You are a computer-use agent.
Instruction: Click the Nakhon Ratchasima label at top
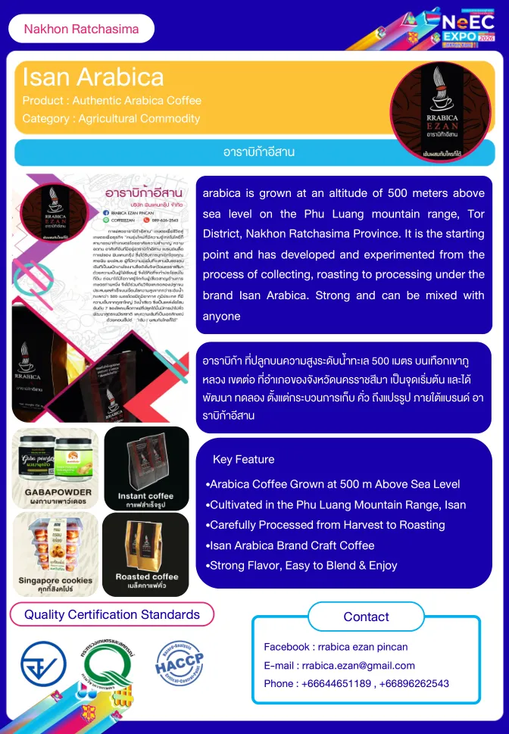81,29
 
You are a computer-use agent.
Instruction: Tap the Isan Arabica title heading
93,77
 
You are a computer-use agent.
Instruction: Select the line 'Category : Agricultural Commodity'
111,118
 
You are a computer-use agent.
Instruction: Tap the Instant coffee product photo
146,468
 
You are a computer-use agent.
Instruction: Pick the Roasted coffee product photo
146,552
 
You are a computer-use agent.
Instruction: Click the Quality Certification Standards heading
112,614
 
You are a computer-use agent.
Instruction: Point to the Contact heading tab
366,617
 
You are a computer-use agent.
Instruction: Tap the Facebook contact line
336,647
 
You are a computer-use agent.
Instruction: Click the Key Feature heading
244,459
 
